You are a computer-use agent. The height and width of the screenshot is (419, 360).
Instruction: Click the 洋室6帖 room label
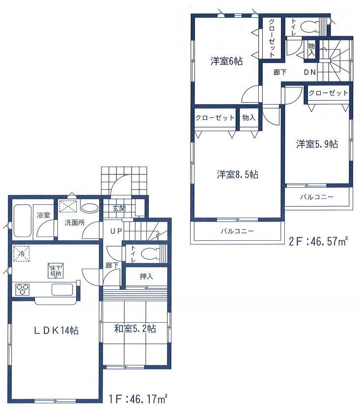pyautogui.click(x=226, y=61)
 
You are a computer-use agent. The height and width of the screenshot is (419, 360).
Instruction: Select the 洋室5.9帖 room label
pyautogui.click(x=316, y=144)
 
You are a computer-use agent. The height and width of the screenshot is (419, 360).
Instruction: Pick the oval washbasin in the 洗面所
pyautogui.click(x=89, y=207)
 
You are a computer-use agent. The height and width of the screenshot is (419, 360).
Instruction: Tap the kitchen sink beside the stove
pyautogui.click(x=62, y=289)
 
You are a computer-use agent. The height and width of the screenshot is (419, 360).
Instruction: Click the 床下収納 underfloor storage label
pyautogui.click(x=55, y=270)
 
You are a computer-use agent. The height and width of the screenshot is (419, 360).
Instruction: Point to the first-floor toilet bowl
pyautogui.click(x=150, y=254)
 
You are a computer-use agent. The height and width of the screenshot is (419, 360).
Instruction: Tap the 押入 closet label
pyautogui.click(x=146, y=277)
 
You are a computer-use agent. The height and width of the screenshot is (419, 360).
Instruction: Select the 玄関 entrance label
pyautogui.click(x=119, y=208)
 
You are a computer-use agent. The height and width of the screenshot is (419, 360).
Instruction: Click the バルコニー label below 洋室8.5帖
pyautogui.click(x=236, y=231)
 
